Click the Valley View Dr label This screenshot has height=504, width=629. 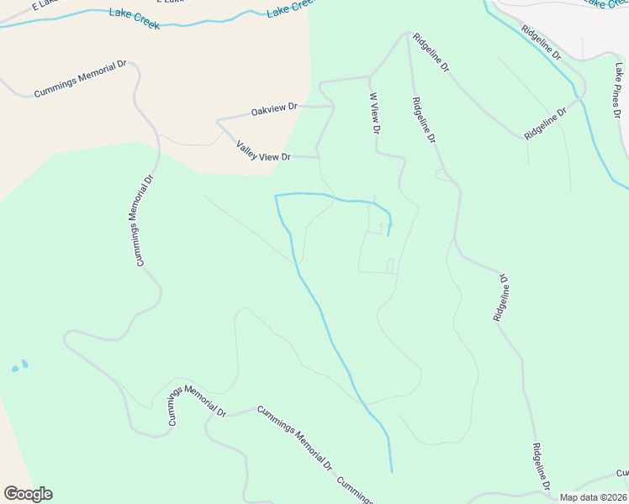[263, 151]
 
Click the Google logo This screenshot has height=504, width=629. [28, 494]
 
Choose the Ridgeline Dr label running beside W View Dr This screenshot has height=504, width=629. [423, 120]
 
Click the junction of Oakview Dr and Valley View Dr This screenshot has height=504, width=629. [218, 122]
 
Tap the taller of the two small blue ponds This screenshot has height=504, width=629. [24, 364]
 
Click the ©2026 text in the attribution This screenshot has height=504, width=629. [614, 497]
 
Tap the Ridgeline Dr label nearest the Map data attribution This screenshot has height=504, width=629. [540, 466]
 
